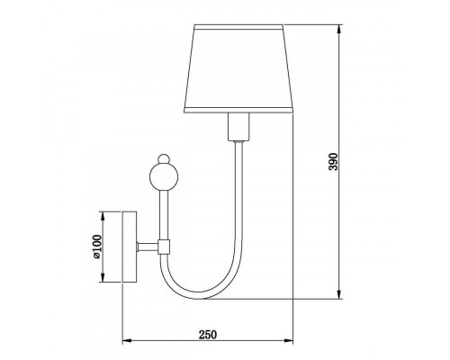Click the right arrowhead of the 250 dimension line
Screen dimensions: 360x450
click(293, 341)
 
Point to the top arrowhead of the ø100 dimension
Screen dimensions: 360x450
click(105, 214)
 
